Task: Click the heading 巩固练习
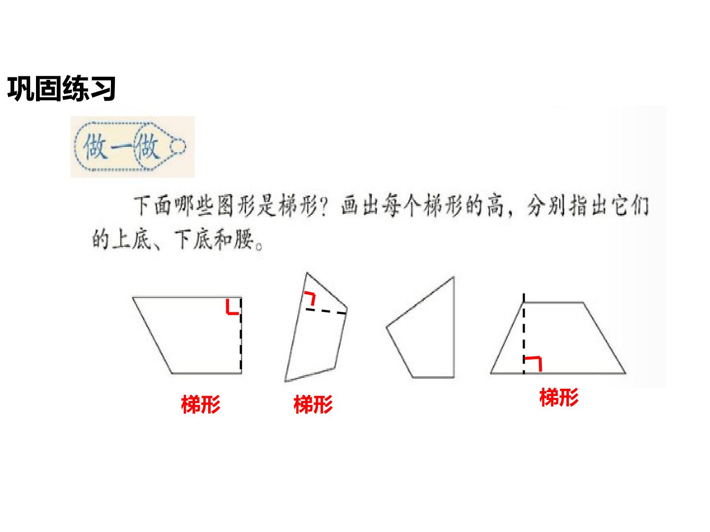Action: [61, 88]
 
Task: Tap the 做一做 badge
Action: [132, 147]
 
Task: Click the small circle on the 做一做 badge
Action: [177, 146]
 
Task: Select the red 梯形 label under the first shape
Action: [201, 404]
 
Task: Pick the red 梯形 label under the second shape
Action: [313, 404]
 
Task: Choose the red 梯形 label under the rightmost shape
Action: [559, 397]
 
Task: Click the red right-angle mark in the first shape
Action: [232, 307]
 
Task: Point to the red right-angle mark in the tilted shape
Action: [310, 298]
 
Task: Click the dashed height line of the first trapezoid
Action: [241, 334]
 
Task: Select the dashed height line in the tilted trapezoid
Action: [326, 311]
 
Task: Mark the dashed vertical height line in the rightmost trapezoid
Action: [524, 333]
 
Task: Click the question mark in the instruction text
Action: [323, 206]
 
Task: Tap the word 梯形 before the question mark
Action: [297, 205]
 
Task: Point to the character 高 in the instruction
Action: [495, 205]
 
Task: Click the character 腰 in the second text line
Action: [243, 239]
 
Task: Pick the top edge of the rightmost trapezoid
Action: [553, 302]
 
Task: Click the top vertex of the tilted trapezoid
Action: [307, 273]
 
